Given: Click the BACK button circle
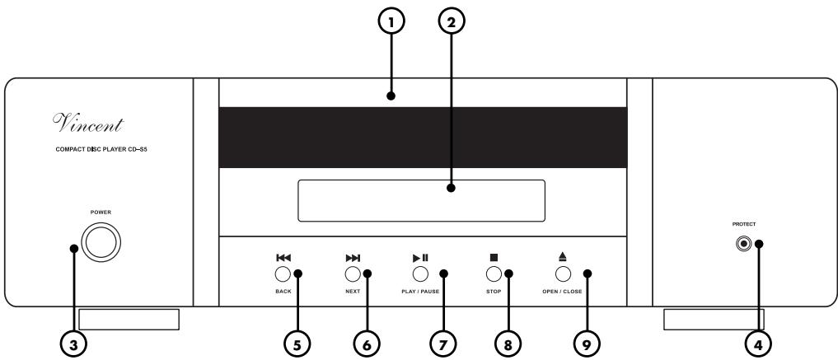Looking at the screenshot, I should click(282, 274).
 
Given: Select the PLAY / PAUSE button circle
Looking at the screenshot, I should click(420, 274).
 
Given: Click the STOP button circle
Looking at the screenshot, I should click(494, 274).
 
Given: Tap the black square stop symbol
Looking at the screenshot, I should click(494, 257).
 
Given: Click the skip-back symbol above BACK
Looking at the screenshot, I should click(282, 257).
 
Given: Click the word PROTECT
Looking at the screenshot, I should click(745, 225).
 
